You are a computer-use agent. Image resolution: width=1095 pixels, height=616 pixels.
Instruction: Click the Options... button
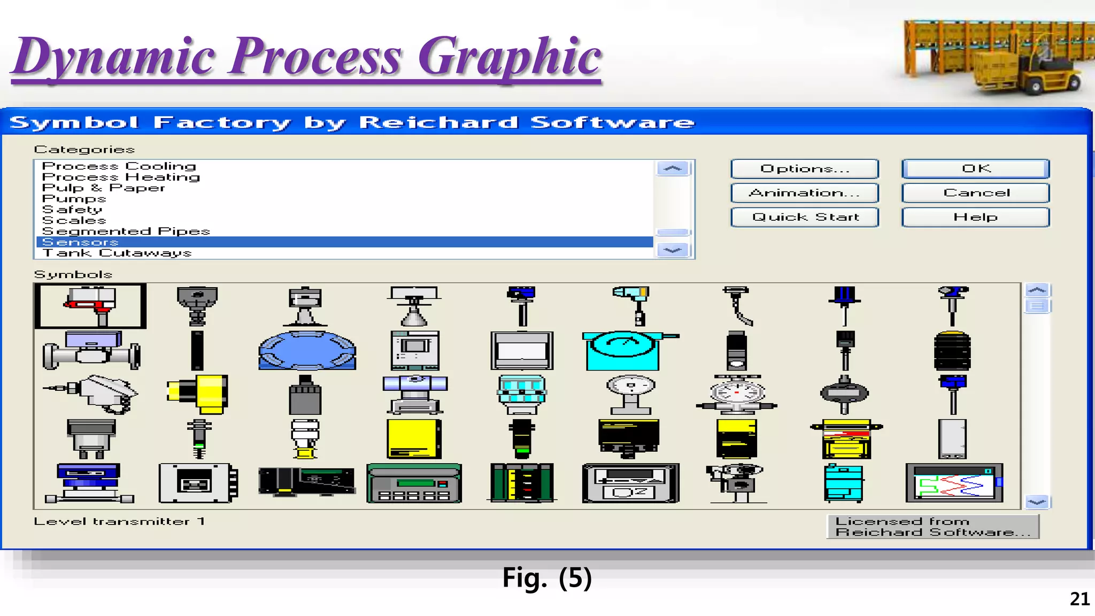804,169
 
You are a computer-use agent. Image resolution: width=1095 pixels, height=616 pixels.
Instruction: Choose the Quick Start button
804,217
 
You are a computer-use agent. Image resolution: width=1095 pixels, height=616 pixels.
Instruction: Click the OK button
975,169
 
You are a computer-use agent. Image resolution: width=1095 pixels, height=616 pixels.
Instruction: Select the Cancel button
975,192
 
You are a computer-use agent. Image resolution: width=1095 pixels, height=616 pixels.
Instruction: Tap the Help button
975,217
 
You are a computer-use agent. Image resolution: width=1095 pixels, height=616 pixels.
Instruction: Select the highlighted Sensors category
80,242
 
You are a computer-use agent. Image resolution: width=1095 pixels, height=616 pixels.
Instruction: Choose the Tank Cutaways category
117,253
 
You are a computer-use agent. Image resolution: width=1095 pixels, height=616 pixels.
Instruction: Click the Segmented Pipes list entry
126,231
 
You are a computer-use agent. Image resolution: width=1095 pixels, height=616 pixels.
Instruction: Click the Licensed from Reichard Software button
932,527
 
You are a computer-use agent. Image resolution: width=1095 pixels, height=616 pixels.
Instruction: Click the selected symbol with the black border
90,306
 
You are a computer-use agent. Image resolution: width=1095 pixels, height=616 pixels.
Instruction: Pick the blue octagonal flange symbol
307,350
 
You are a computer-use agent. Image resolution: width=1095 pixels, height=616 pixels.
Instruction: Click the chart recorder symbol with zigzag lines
954,483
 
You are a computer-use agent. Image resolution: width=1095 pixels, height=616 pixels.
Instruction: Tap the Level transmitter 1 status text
119,521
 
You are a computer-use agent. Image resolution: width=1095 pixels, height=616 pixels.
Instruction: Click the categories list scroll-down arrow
672,250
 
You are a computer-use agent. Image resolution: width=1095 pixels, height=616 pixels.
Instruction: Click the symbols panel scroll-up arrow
1037,290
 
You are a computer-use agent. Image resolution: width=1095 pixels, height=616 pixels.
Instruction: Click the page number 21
1079,599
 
